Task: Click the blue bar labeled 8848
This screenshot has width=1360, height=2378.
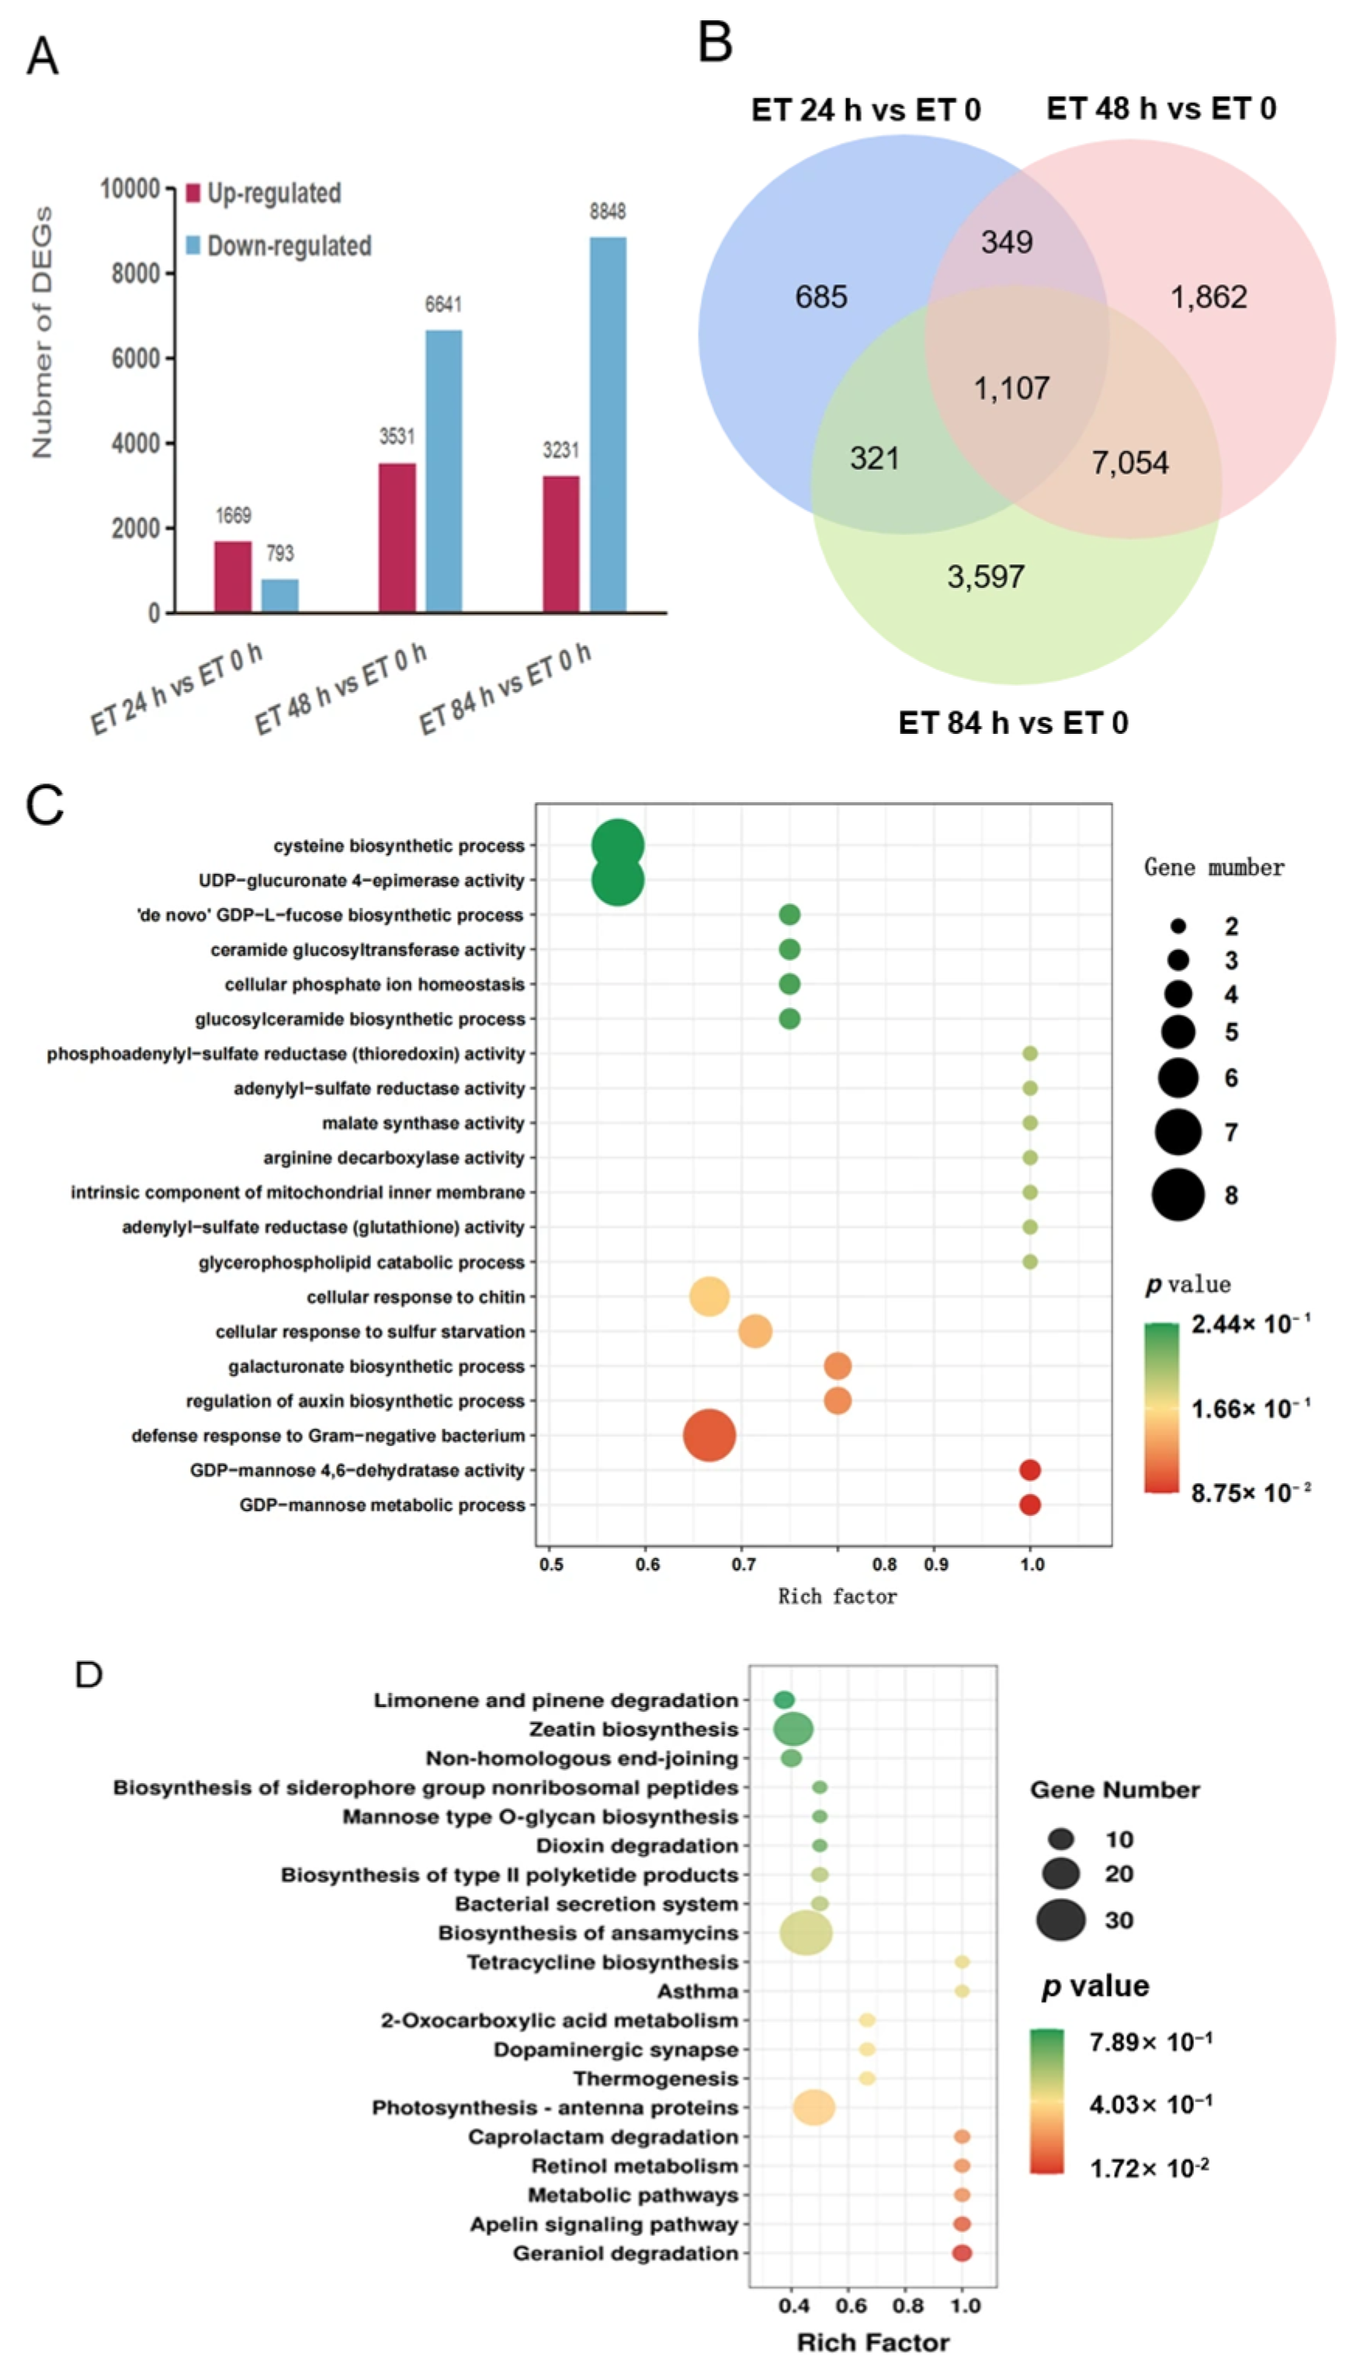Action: (x=608, y=425)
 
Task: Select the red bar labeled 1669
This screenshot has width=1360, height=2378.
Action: (x=233, y=576)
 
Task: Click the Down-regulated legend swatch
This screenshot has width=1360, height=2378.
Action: (x=193, y=245)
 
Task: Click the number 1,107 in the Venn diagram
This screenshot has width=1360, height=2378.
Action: (x=1011, y=388)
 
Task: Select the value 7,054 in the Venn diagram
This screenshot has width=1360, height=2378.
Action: (x=1130, y=463)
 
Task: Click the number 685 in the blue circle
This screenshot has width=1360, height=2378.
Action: (x=821, y=297)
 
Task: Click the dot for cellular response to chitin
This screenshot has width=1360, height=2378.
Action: (x=709, y=1297)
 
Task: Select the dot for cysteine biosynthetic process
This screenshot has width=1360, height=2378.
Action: (x=617, y=846)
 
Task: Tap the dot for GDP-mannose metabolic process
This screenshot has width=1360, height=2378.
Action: (x=1029, y=1505)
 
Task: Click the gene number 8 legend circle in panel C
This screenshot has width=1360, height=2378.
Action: (x=1178, y=1194)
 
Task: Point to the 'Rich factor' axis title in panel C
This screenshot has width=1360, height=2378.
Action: (x=837, y=1596)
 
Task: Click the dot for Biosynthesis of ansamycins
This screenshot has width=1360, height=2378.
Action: (x=805, y=1932)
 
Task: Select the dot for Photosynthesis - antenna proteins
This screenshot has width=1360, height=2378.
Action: (x=814, y=2107)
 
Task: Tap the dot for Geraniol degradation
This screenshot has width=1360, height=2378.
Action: (x=961, y=2253)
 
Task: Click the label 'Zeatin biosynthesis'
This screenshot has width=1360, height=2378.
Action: (x=633, y=1729)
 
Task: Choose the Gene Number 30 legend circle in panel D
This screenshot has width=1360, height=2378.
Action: (x=1060, y=1919)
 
